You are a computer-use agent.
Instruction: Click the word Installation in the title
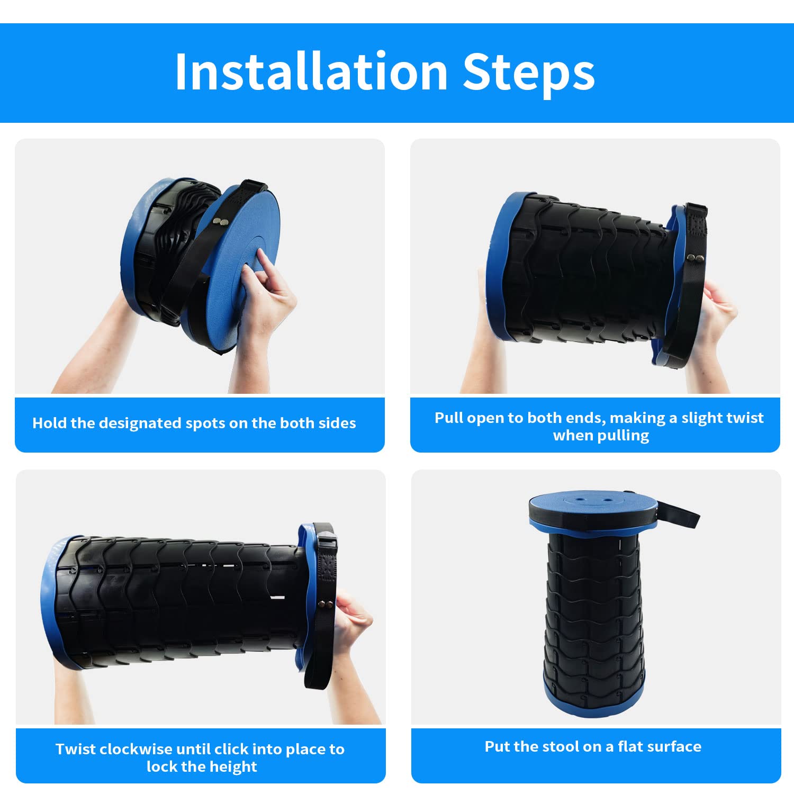click(x=312, y=71)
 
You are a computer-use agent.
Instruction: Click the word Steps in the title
click(x=529, y=71)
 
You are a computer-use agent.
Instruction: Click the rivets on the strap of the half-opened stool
click(x=695, y=258)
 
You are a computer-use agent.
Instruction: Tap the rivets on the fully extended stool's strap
click(x=327, y=604)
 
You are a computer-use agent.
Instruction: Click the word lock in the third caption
click(x=163, y=767)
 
